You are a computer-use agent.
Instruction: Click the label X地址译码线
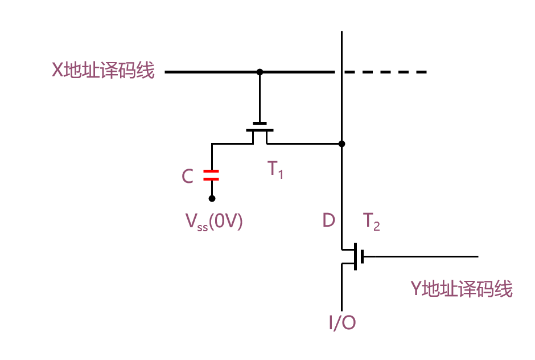tap(103, 71)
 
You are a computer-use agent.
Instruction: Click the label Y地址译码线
tap(462, 289)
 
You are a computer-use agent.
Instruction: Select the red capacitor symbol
tap(212, 175)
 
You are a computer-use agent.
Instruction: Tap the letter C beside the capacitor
tap(188, 177)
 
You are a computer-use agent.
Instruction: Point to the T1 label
tap(275, 170)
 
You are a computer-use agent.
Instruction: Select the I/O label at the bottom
tap(342, 323)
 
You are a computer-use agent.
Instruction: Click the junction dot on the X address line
tap(260, 72)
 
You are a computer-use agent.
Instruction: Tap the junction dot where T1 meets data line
tap(341, 144)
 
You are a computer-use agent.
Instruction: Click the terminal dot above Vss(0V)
tap(212, 198)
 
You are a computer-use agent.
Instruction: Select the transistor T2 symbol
tap(353, 256)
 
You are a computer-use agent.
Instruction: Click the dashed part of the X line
tap(387, 72)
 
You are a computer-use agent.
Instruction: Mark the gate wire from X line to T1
tap(260, 97)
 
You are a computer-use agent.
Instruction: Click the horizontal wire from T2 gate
tap(421, 256)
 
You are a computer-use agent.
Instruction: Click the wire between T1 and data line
tap(304, 144)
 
